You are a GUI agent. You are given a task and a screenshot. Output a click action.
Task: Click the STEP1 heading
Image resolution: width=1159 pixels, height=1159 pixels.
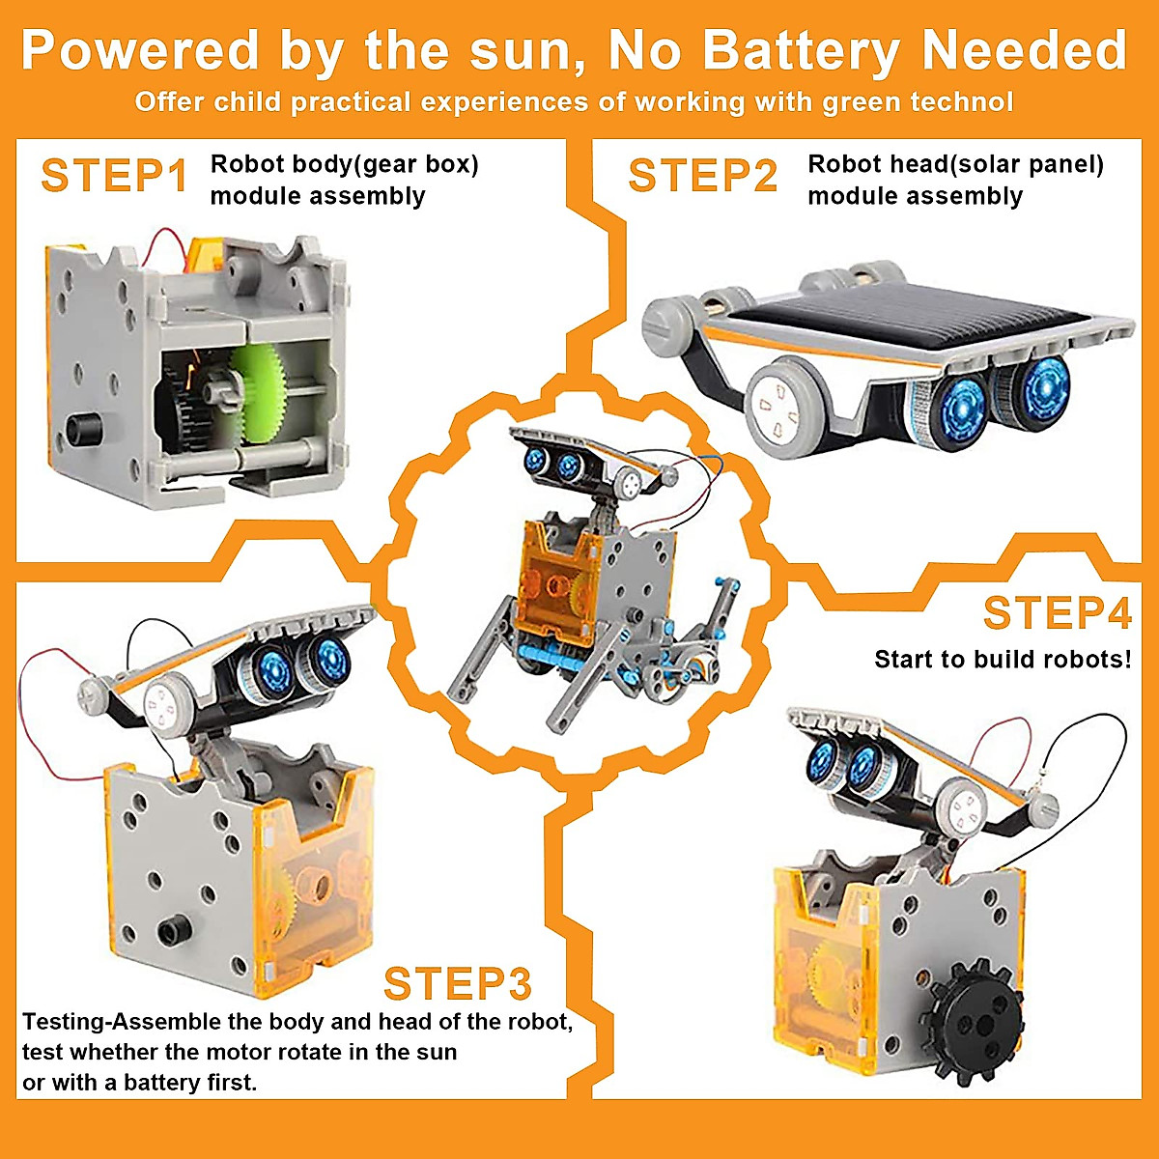[114, 176]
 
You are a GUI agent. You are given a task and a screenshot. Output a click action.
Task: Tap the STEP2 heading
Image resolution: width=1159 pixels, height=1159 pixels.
[702, 176]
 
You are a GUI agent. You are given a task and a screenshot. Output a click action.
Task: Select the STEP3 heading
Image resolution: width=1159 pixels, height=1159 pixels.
[457, 983]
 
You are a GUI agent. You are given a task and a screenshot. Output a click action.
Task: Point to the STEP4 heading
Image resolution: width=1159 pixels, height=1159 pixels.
[1057, 612]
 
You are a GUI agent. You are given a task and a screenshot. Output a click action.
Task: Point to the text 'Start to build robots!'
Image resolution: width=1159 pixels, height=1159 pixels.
[1003, 660]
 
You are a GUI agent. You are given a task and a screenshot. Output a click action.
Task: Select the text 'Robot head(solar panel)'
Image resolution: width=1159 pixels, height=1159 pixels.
[955, 164]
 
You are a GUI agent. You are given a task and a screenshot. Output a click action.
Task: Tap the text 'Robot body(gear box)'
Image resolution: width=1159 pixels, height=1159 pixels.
[344, 164]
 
